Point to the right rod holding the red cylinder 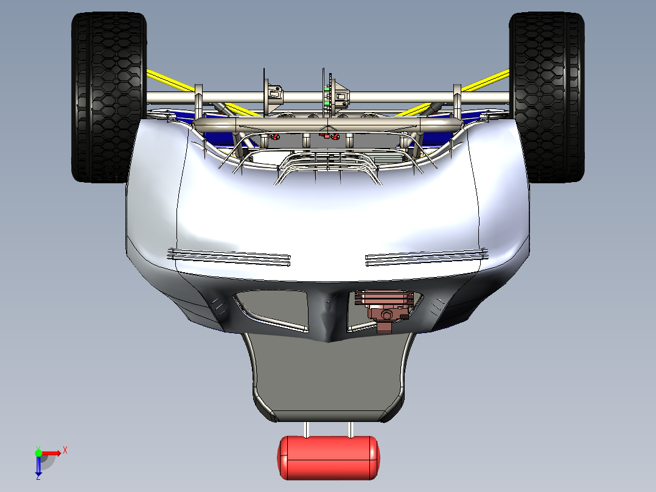(x=351, y=430)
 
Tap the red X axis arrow (x=51, y=452)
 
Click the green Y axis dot (x=38, y=452)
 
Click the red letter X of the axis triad (x=65, y=451)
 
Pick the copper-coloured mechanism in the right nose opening (x=385, y=307)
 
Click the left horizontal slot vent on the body (x=229, y=258)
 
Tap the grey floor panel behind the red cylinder (x=329, y=378)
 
